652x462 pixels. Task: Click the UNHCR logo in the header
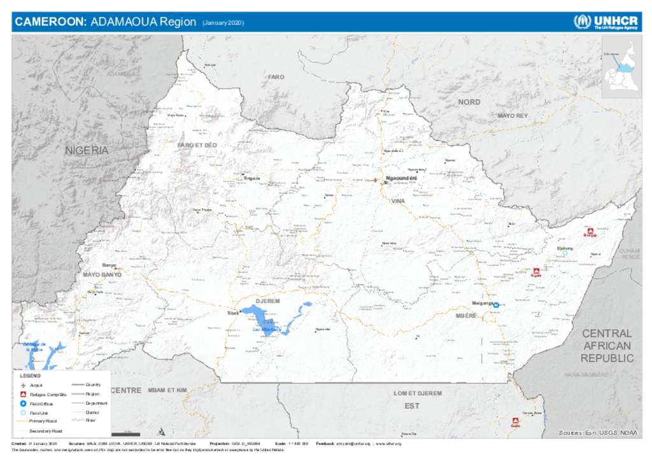coord(606,22)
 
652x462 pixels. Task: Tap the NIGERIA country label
coord(87,151)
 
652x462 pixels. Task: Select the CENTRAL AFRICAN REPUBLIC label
coord(607,346)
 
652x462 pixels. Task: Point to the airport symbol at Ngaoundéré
coord(375,180)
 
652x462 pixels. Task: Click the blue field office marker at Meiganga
coord(496,305)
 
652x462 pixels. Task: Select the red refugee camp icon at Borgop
coord(590,230)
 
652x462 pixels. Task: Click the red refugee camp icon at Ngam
coord(536,270)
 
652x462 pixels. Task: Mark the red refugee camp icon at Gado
coord(515,421)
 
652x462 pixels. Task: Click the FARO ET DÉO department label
coord(197,146)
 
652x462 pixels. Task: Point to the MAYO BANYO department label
coord(102,274)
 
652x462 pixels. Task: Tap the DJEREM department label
coord(268,300)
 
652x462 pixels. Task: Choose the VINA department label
coord(398,201)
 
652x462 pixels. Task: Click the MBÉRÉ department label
coord(466,316)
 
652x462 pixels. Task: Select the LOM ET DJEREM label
coord(417,393)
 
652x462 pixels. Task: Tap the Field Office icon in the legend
coord(23,403)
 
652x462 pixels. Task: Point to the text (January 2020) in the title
coord(223,23)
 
